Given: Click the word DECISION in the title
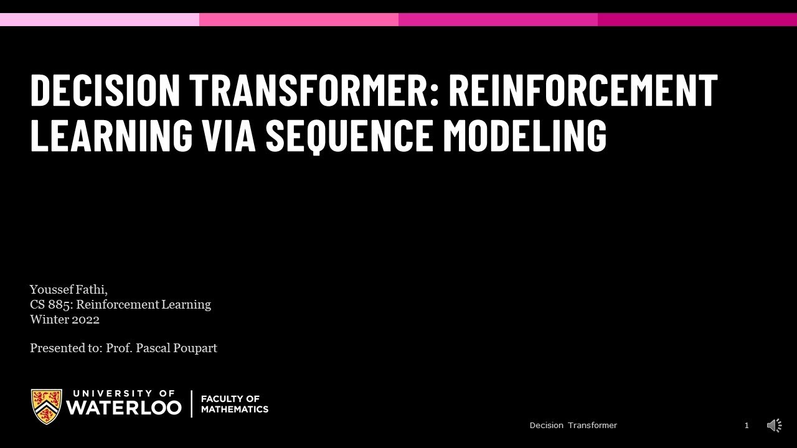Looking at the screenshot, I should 105,90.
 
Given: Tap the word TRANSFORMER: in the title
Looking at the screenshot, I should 314,90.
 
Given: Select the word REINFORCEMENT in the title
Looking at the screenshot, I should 583,90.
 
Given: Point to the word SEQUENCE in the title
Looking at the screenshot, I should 349,135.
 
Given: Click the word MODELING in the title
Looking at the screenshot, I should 524,135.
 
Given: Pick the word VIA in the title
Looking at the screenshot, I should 229,135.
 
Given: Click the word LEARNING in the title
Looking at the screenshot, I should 111,135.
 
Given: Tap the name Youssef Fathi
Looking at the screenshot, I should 68,289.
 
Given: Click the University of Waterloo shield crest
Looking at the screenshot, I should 47,406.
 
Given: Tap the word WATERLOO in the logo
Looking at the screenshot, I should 123,408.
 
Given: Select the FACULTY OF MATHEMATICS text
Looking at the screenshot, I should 234,404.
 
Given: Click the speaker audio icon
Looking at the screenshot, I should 774,426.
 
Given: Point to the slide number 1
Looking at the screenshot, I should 747,426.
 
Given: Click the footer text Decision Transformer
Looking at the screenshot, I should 573,426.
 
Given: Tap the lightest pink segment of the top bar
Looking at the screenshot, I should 100,19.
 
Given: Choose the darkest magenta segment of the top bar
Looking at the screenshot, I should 697,19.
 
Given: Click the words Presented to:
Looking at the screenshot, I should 66,348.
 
